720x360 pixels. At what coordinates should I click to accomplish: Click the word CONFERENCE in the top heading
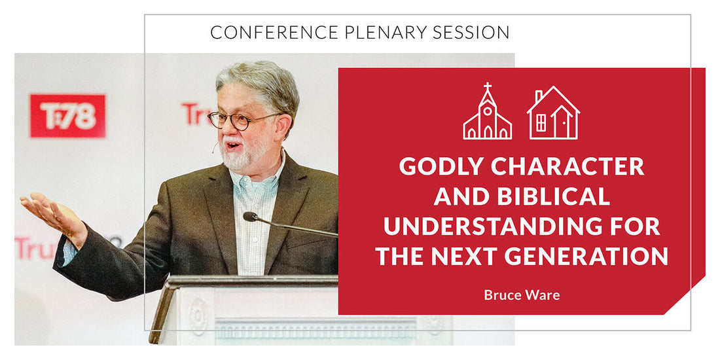[273, 32]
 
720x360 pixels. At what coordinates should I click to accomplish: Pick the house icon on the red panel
[553, 113]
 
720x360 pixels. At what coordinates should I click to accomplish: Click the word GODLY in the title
[441, 167]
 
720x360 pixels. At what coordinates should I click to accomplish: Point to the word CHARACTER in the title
[567, 167]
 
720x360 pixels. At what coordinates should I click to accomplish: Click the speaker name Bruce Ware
[522, 295]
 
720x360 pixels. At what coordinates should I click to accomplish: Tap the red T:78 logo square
[67, 116]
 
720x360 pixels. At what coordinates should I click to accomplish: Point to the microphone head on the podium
[251, 217]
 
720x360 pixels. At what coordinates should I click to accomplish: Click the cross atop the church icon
[487, 87]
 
